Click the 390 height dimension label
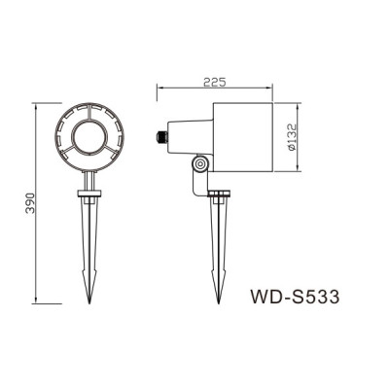point(30,202)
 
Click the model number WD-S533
point(294,295)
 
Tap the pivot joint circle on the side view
point(199,167)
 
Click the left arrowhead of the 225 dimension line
point(161,90)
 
